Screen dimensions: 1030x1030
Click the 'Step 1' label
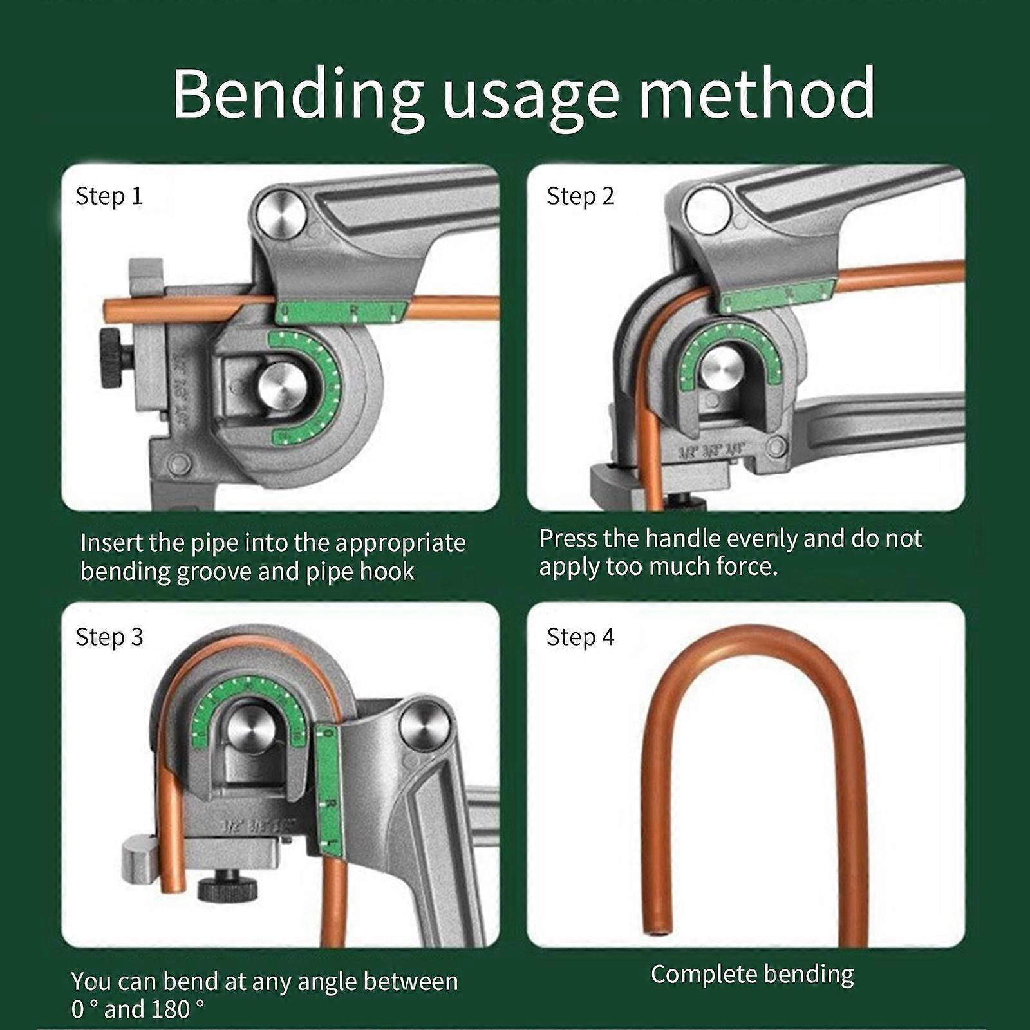[x=109, y=196]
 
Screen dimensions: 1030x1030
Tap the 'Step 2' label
[x=580, y=196]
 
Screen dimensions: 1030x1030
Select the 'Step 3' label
[x=109, y=637]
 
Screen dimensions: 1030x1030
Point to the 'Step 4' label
[x=580, y=637]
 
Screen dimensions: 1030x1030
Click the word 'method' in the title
[x=756, y=95]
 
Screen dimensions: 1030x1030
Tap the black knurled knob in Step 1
[x=115, y=358]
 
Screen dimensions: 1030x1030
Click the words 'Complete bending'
[x=752, y=974]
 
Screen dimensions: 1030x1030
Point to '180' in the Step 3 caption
[x=170, y=1009]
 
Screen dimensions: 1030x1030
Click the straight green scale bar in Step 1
[x=341, y=312]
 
